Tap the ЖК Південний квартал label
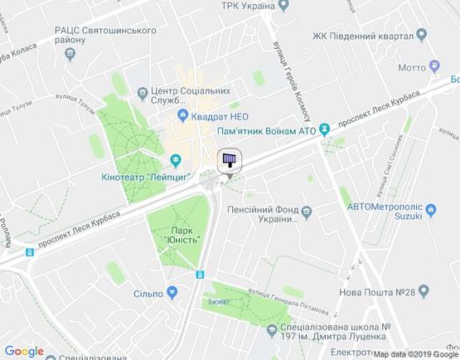coord(363,37)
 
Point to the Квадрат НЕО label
coord(223,117)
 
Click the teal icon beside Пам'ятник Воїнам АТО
coord(326,130)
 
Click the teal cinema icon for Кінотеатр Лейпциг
coord(174,160)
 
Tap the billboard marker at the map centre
coord(229,160)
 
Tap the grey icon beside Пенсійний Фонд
coord(307,212)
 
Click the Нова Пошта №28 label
coord(376,291)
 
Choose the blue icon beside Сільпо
coord(172,292)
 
